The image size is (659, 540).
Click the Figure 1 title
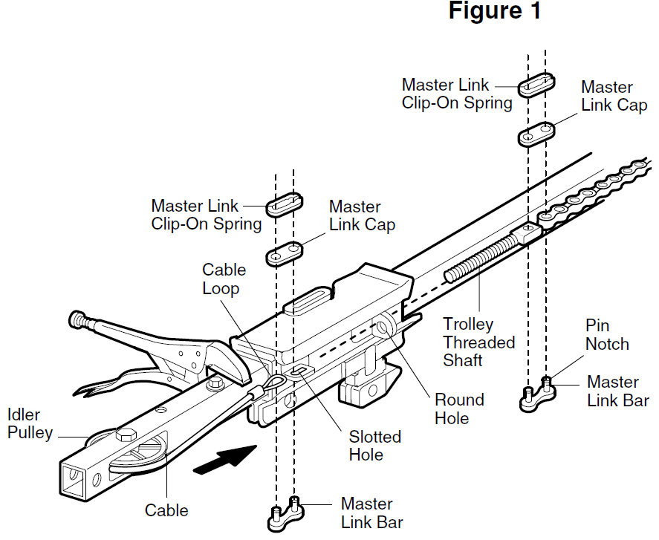point(496,12)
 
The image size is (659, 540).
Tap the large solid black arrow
point(224,458)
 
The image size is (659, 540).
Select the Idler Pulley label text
point(30,423)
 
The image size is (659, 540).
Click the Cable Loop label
point(224,279)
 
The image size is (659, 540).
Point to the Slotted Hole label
point(375,446)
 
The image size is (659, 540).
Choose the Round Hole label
point(458,409)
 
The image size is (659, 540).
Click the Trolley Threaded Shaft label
point(478,342)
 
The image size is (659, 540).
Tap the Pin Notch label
point(607,335)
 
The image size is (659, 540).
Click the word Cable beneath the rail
point(166,510)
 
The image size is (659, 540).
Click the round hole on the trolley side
point(386,327)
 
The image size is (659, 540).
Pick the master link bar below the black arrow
point(285,513)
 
